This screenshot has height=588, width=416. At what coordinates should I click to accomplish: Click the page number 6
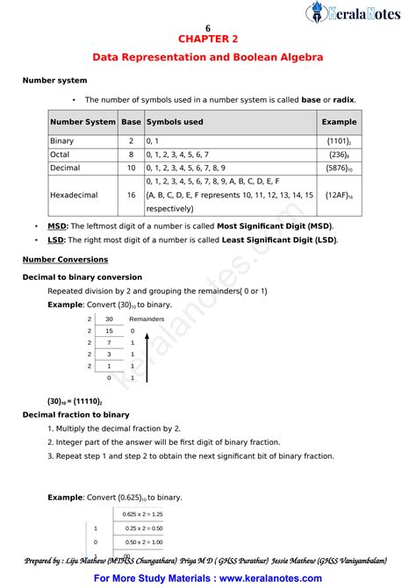208,27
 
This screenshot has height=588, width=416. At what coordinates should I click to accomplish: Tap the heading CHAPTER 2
208,39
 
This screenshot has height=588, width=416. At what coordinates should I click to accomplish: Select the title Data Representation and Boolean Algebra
208,57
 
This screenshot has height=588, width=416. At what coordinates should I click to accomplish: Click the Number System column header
82,122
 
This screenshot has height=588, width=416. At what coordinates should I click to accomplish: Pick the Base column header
131,122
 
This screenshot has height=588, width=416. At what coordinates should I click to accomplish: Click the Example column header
339,122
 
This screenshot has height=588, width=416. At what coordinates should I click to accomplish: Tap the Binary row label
62,140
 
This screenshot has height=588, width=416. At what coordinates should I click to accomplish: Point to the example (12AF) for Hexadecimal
338,195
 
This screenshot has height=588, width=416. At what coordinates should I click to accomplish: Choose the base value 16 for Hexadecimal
131,195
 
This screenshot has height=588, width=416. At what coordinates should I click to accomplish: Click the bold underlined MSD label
56,226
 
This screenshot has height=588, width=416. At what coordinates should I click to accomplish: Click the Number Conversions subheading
65,259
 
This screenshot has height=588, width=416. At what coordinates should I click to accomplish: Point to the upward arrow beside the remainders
146,360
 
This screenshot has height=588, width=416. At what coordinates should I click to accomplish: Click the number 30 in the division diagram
109,319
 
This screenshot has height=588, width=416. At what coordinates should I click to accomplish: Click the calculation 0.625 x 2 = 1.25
143,513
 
